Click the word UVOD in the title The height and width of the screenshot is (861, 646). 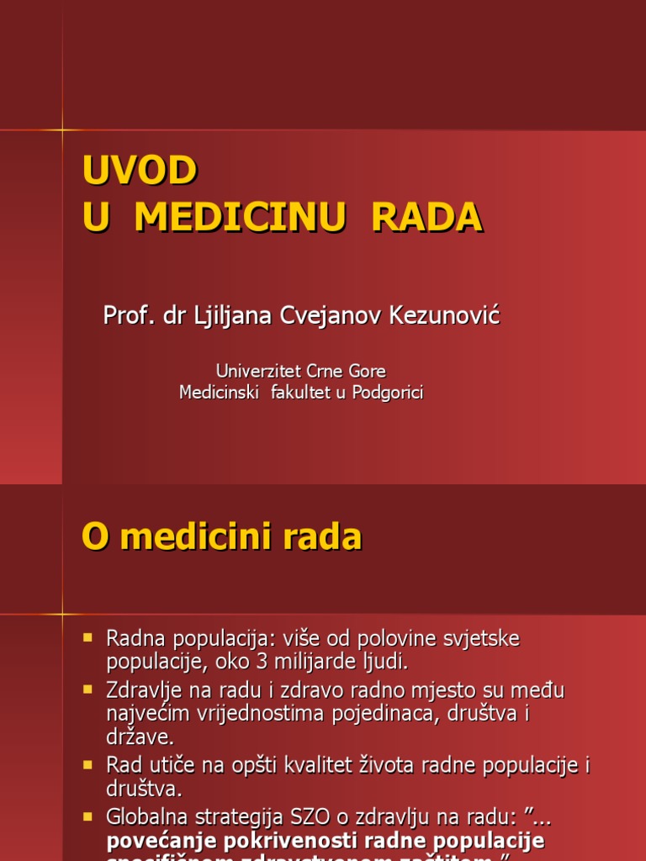(x=140, y=171)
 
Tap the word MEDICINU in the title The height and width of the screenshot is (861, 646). (x=240, y=217)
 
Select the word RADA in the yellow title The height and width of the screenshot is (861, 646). (x=426, y=217)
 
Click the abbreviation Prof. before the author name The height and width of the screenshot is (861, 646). (x=125, y=316)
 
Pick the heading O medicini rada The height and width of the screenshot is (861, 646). (x=221, y=536)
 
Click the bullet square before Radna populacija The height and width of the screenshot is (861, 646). (x=88, y=639)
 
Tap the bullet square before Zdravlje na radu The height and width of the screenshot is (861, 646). (x=88, y=690)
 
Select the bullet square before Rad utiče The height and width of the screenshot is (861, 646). (x=88, y=765)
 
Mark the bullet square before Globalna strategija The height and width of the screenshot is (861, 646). (x=88, y=816)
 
